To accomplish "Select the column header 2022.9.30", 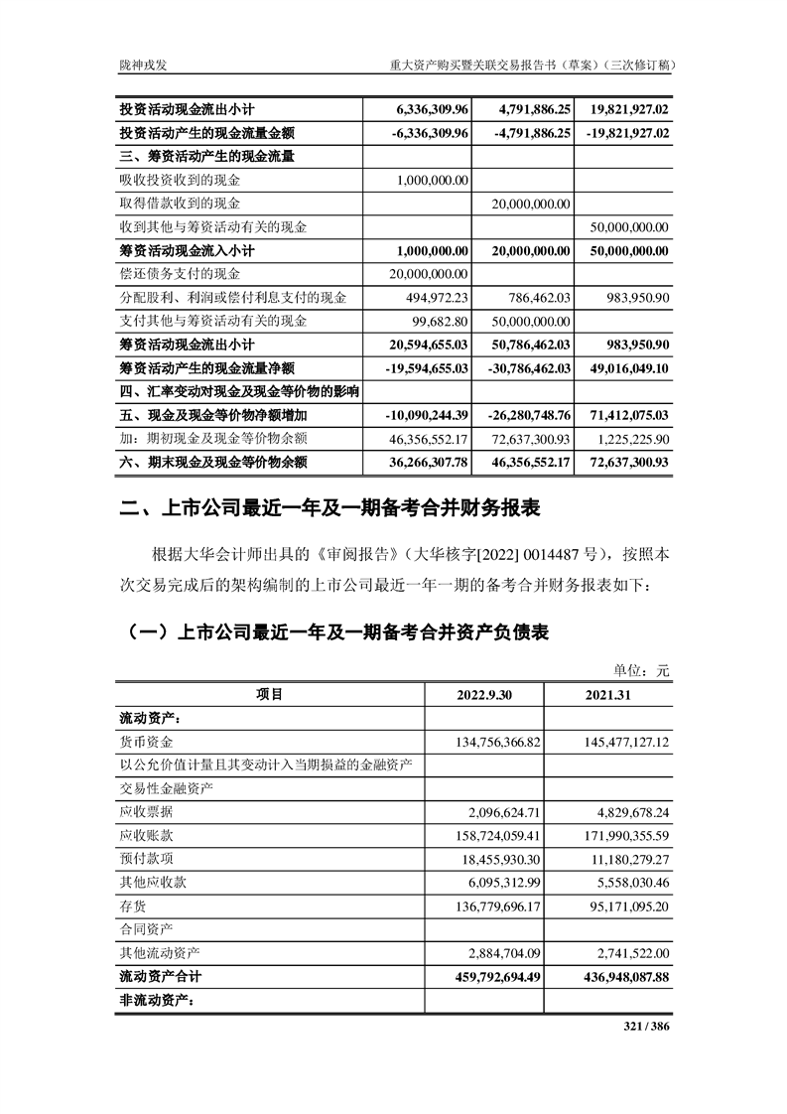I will coord(490,695).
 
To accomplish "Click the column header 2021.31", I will coord(614,695).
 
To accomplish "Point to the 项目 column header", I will coord(269,695).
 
